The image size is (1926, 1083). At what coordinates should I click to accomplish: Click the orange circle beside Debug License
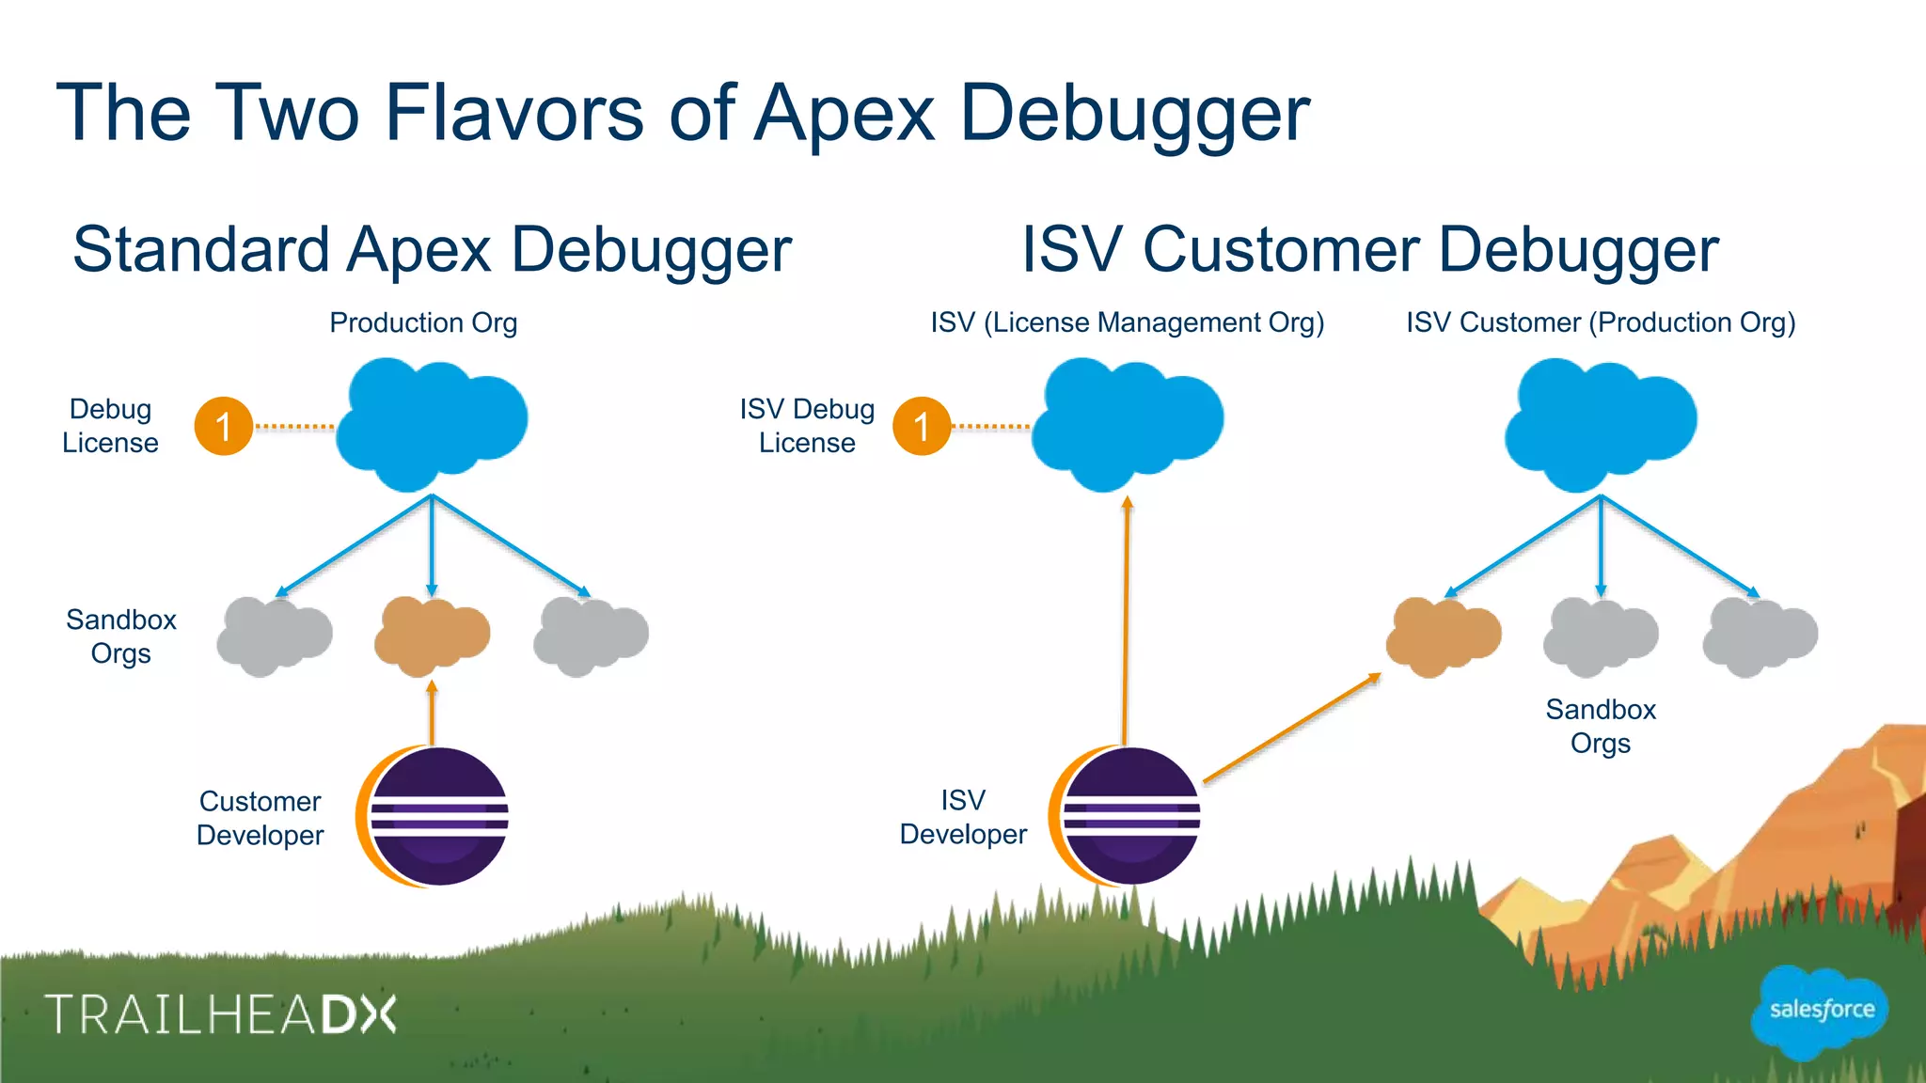click(x=224, y=427)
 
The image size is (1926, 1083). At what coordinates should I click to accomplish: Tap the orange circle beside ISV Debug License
click(x=922, y=427)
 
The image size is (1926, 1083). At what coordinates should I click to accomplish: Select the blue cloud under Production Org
click(x=431, y=423)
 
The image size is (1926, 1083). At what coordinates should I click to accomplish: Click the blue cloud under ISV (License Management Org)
click(x=1127, y=423)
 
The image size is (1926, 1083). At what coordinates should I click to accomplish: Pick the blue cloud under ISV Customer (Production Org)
click(x=1601, y=423)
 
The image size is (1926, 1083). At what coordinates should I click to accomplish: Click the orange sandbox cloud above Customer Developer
click(x=432, y=636)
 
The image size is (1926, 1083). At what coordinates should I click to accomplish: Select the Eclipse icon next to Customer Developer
click(x=434, y=816)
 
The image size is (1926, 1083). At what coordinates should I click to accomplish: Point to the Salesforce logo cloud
click(x=1821, y=1012)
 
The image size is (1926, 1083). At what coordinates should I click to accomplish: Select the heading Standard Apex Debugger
click(x=432, y=250)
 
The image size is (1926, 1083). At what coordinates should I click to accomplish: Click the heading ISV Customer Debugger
click(x=1369, y=250)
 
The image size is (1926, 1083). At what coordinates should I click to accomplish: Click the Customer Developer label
click(x=260, y=818)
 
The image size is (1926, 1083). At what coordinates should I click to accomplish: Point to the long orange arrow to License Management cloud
click(x=1126, y=620)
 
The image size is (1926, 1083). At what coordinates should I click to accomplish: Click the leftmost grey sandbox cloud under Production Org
click(x=274, y=636)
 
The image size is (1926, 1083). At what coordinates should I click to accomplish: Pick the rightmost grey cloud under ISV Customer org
click(x=1760, y=636)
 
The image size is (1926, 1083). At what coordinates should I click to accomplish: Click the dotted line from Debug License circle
click(x=294, y=427)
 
